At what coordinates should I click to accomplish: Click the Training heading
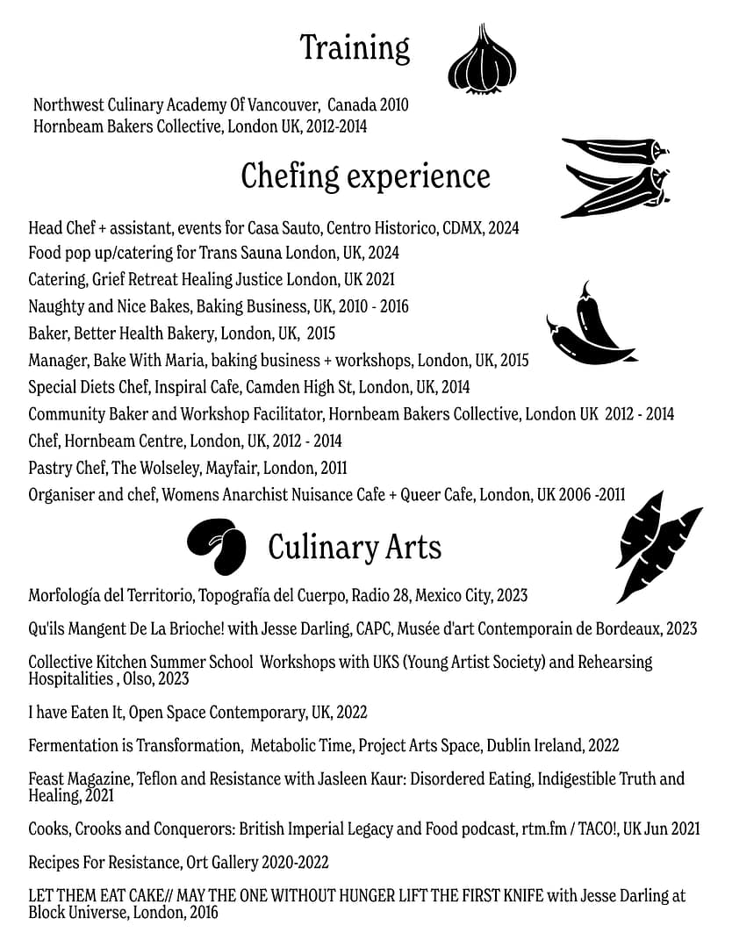355,47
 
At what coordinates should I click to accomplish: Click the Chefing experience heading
365,176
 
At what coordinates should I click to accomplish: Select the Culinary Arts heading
354,548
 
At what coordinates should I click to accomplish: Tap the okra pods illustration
615,177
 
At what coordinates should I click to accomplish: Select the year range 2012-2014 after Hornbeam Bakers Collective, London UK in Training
338,126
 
